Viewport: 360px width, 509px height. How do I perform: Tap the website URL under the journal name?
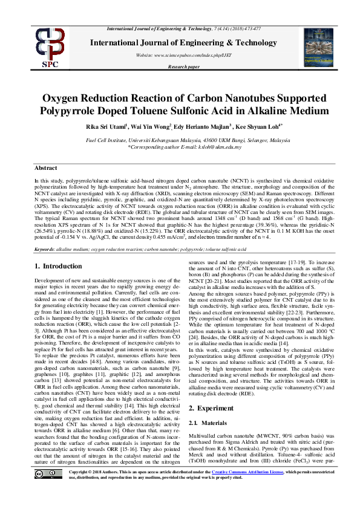180,55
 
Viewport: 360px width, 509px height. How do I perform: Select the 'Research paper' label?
180,66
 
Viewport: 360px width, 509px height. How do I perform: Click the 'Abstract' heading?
46,167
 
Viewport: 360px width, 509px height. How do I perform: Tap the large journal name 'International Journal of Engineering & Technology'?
180,43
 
